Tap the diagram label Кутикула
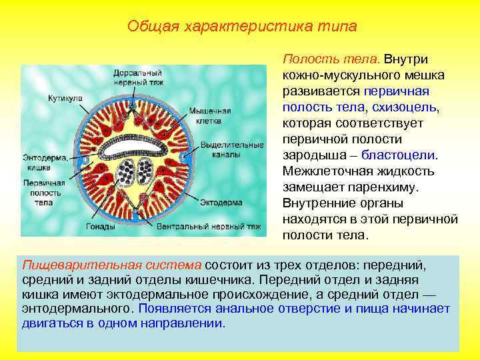[x=65, y=98]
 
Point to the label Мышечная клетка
[x=209, y=115]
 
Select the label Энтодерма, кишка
[x=45, y=162]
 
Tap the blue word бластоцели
[x=403, y=155]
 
